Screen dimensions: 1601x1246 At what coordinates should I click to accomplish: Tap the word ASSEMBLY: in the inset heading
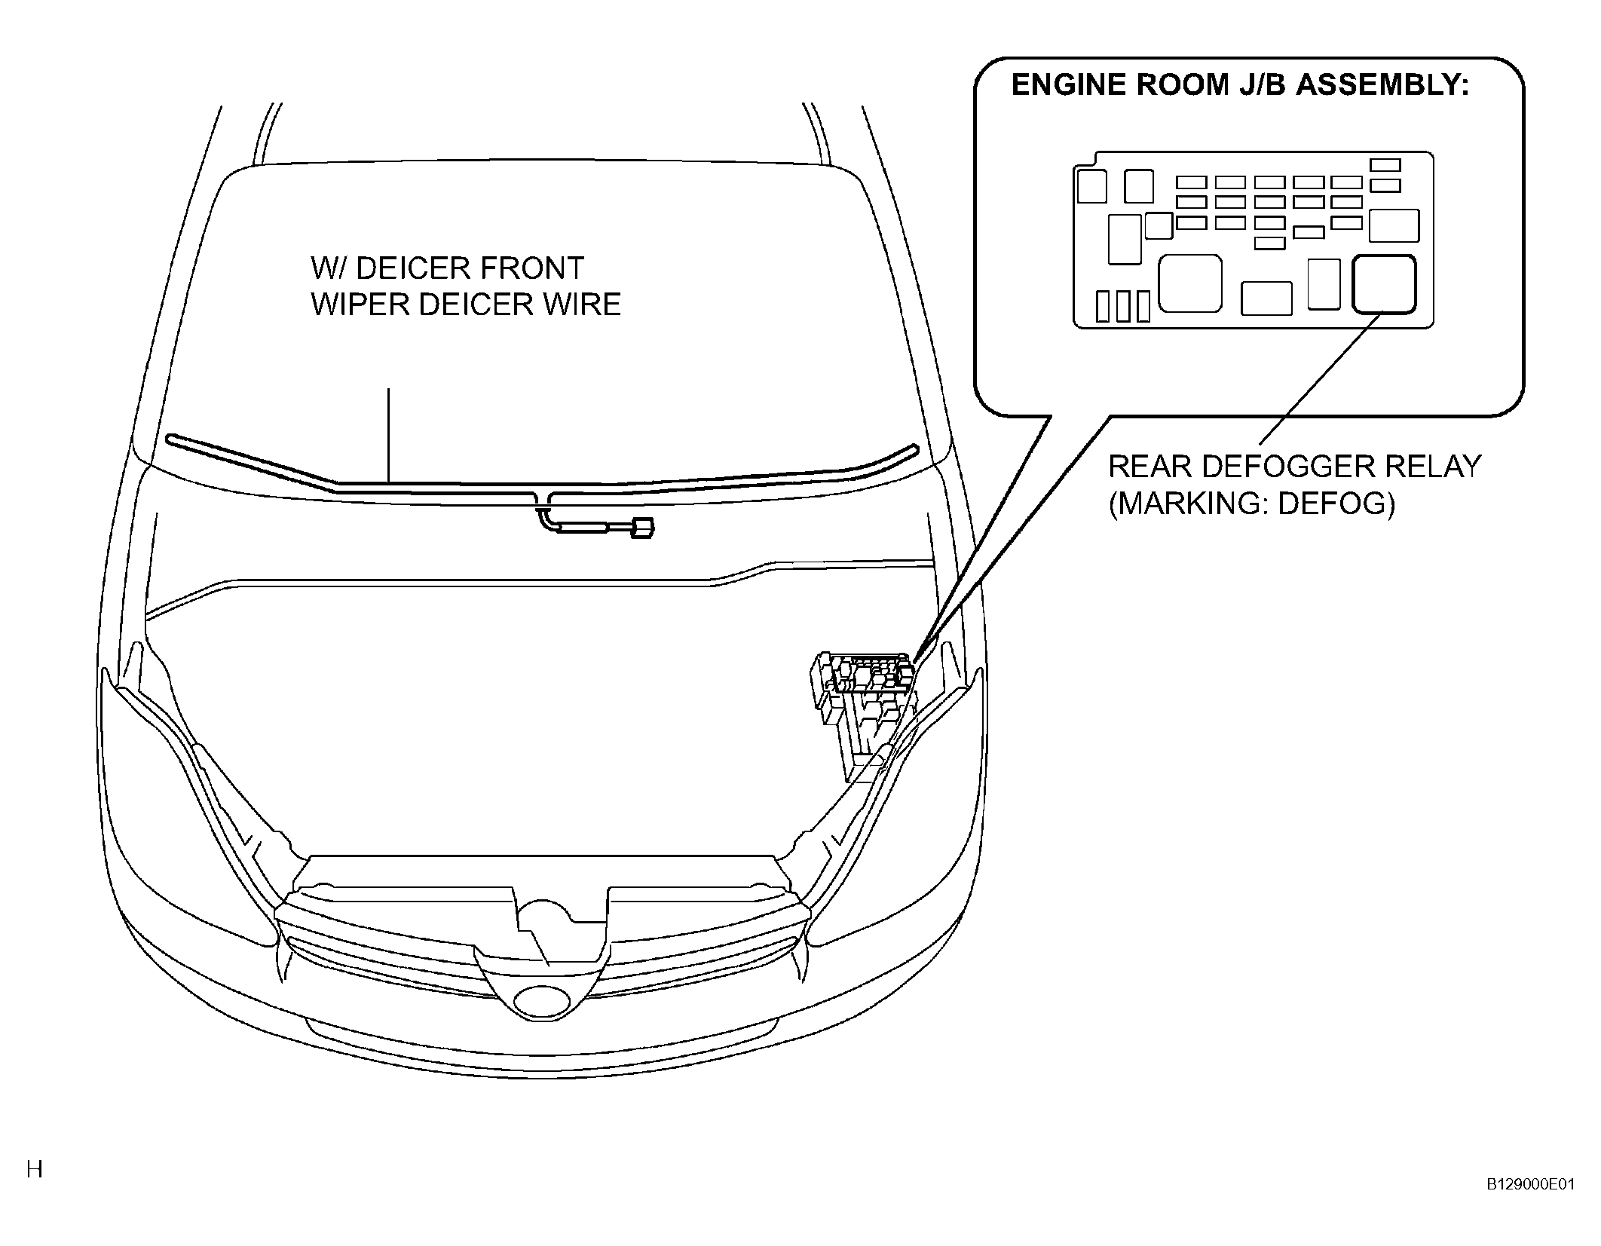pos(1382,85)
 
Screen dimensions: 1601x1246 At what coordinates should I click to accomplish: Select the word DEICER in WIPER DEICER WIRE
pos(464,304)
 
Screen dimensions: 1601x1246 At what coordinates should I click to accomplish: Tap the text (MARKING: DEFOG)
pos(1251,503)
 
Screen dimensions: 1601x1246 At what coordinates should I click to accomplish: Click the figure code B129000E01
pos(1530,1205)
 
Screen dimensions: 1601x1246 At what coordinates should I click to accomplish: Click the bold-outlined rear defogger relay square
pos(1384,283)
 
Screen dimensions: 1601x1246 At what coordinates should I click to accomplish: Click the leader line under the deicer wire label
pos(389,435)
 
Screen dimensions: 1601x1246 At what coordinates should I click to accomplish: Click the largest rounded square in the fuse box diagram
pos(1189,283)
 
